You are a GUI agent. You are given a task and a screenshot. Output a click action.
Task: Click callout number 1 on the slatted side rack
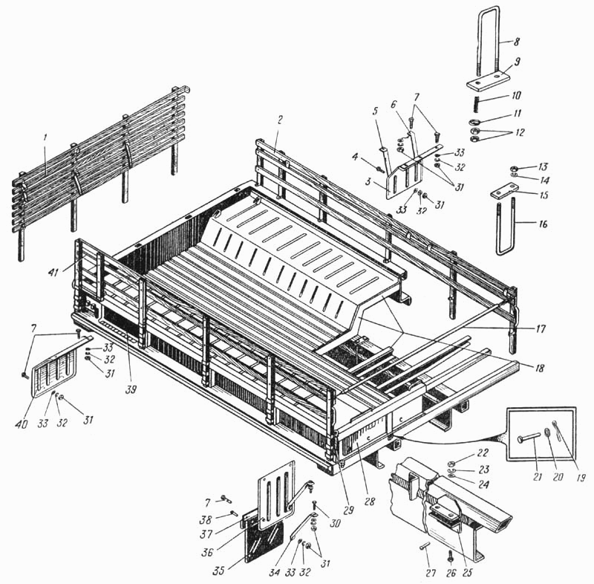point(45,139)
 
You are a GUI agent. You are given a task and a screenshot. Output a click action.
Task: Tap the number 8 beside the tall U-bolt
point(517,42)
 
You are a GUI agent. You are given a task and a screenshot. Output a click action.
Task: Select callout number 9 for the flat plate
point(518,62)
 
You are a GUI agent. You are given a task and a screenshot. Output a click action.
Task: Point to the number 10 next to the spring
point(517,95)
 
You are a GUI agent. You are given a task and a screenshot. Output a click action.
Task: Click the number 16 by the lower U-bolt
point(543,224)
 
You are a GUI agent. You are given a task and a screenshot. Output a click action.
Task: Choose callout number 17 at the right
point(541,328)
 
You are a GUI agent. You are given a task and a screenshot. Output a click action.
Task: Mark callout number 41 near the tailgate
point(53,272)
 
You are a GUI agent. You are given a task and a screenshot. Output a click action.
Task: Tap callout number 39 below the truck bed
point(131,389)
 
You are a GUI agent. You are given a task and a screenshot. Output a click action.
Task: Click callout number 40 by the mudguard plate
point(22,424)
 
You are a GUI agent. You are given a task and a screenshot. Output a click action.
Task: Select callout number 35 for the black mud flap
point(218,571)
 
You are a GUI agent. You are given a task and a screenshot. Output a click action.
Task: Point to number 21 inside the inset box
point(537,477)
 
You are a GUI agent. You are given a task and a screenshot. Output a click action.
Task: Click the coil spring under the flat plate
point(477,103)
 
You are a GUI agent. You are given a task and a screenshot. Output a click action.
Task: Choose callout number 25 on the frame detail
point(468,572)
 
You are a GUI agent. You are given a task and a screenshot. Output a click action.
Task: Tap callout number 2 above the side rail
point(280,120)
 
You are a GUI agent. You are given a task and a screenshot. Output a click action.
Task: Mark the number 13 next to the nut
point(544,166)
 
